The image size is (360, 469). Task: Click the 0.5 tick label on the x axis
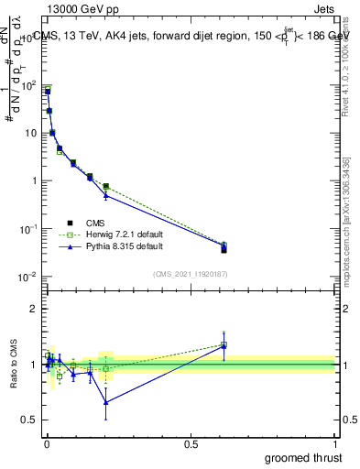[191, 443]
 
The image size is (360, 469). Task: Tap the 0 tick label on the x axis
[46, 443]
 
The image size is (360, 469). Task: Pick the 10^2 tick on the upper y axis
[30, 85]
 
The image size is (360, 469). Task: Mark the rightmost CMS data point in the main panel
[224, 249]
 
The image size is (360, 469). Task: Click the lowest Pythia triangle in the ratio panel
[106, 402]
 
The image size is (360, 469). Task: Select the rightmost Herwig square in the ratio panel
[224, 344]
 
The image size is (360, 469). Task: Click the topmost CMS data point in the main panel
[48, 92]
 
